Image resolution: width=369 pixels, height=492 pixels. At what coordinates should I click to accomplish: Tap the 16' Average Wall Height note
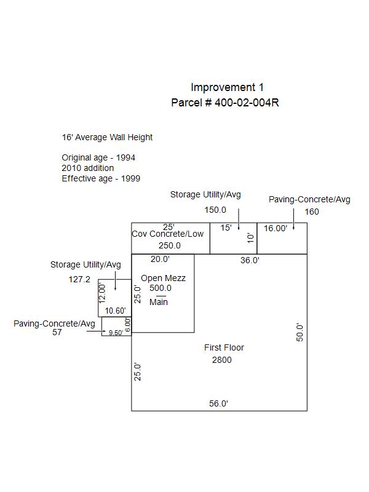point(107,137)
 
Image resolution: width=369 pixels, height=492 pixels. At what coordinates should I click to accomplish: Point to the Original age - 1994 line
point(98,157)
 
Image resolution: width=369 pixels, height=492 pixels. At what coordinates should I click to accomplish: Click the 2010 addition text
point(87,168)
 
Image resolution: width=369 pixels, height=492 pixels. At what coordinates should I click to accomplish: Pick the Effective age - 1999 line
point(101,178)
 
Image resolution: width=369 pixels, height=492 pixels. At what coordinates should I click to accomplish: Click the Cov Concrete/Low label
point(168,234)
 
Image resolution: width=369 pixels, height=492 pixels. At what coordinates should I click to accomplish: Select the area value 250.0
point(170,245)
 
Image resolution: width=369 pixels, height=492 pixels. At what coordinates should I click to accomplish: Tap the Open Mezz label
point(163,278)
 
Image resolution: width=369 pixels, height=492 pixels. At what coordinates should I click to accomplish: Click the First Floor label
point(224,347)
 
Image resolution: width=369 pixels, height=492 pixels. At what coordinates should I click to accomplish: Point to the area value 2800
point(222,360)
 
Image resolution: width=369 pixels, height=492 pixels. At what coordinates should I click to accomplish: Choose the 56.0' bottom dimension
point(218,403)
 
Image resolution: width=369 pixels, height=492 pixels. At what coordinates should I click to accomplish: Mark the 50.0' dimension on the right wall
point(300,332)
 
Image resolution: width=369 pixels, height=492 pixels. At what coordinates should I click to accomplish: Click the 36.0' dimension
point(250,260)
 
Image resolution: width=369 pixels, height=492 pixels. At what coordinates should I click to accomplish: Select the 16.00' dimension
point(276,228)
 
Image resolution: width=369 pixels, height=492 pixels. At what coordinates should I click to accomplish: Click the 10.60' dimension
point(115,311)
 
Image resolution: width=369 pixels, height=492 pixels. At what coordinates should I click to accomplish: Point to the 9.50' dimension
point(116,333)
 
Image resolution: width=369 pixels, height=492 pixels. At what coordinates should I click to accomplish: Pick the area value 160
point(312,212)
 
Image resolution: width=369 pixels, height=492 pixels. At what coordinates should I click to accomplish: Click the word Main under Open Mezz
point(159,302)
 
